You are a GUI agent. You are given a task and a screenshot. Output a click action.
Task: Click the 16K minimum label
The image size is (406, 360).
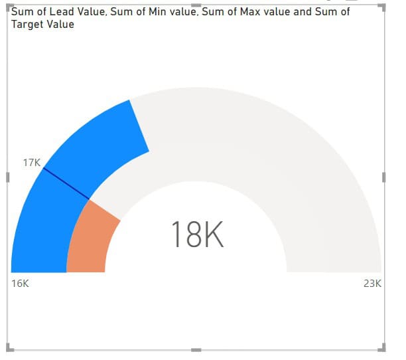(21, 284)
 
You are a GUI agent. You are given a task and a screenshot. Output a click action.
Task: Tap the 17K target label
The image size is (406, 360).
(32, 162)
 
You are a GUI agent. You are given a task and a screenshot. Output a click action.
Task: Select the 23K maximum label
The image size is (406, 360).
(372, 284)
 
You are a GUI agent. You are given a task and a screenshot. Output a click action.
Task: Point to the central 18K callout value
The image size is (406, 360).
(197, 234)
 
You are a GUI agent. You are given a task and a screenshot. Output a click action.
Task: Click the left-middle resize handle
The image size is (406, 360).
(7, 177)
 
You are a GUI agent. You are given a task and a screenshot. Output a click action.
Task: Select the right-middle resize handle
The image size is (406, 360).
(384, 177)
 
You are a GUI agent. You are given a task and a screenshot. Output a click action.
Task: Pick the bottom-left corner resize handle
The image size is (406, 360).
(9, 347)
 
